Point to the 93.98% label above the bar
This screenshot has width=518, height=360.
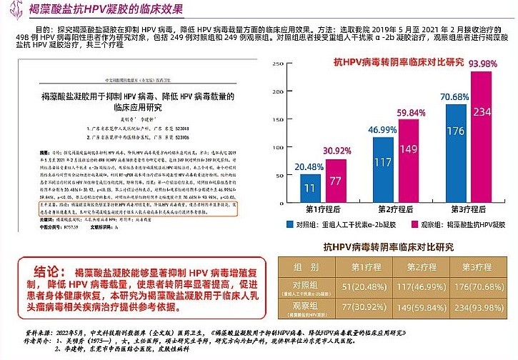482,64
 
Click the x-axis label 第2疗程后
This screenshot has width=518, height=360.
396,210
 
